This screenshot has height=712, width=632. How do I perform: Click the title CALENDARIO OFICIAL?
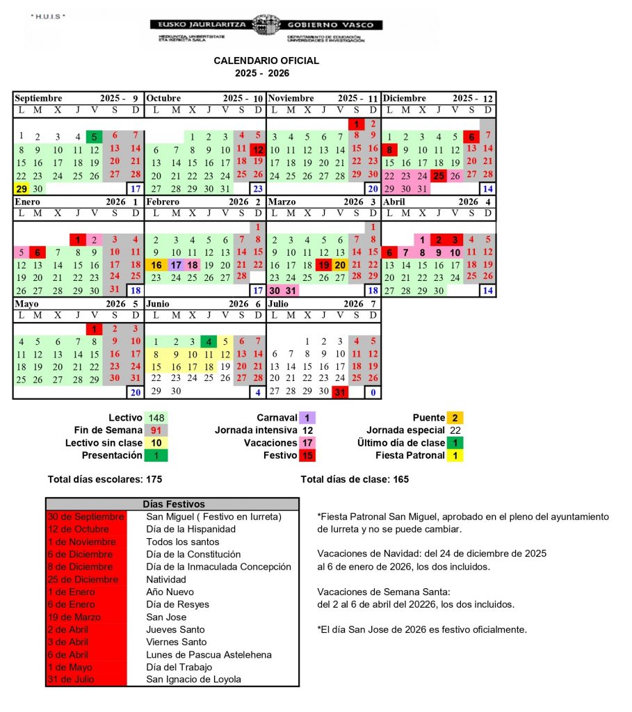tap(266, 60)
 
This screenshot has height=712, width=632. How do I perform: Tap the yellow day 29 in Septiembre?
tap(21, 188)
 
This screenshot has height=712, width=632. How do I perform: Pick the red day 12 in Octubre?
tap(258, 149)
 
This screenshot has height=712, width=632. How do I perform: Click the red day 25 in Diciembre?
tap(439, 176)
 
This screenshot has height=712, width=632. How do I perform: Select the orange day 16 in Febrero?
tap(156, 265)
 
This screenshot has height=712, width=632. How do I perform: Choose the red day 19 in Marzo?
tap(323, 265)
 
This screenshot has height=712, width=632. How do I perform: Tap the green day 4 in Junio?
tap(208, 341)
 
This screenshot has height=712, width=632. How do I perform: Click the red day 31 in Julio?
tap(340, 392)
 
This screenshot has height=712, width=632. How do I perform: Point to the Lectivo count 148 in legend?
tap(156, 418)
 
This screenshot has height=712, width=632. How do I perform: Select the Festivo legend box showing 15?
tap(307, 455)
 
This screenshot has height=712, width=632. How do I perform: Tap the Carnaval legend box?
tap(307, 418)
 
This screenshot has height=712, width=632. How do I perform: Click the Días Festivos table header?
tap(172, 503)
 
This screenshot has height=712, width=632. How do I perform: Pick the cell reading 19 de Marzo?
tap(86, 617)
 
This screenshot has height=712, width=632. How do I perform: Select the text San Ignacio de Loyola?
tap(194, 679)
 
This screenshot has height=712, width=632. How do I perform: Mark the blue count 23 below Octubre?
tap(258, 188)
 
